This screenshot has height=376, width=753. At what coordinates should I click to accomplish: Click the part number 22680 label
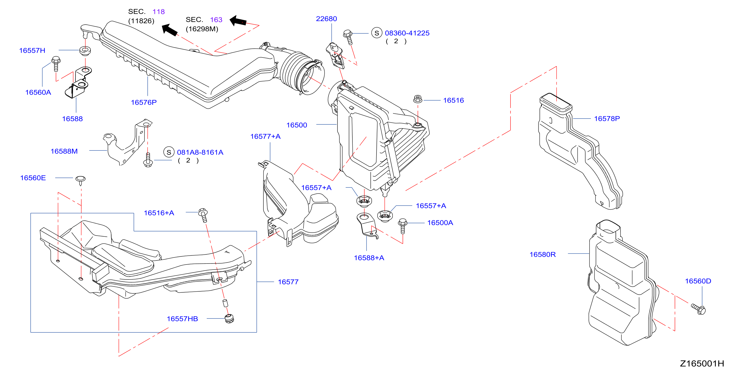pos(326,19)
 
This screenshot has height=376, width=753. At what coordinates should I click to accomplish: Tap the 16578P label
pos(607,118)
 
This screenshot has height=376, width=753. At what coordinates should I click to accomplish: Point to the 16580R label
pos(542,254)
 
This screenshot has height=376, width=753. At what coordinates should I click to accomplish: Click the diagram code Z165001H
pos(702,363)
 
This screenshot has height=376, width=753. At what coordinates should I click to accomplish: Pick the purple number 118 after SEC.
pos(158,12)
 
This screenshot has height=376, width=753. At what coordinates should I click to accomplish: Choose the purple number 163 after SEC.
pos(216,20)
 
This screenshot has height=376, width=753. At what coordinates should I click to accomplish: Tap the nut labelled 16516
pos(418,99)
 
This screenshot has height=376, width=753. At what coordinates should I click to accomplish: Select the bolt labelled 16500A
pos(403,226)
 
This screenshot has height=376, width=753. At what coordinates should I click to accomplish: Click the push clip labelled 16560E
pos(80,180)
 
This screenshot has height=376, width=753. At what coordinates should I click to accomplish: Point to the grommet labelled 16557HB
pos(230,318)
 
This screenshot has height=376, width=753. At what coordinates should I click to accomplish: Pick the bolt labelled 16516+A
pos(203,215)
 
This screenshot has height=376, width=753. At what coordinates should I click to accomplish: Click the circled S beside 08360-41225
pos(377,33)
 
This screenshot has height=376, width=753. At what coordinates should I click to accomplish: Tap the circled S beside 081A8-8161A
pos(169,152)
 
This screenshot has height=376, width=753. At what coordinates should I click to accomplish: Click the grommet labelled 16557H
pos(85,50)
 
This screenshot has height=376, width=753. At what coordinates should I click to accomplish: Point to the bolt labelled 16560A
pos(56,64)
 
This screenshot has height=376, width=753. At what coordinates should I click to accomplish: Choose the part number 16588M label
pos(64,151)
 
